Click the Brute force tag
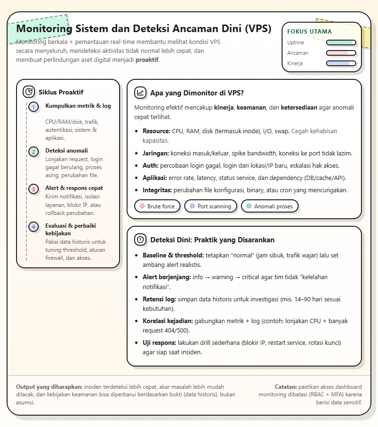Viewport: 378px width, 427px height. click(x=157, y=206)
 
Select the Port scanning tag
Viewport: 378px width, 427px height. click(x=210, y=206)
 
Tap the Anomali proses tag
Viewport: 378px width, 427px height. click(x=269, y=206)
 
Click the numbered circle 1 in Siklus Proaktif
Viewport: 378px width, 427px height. click(x=33, y=107)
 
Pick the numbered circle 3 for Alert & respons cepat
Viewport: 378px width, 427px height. click(x=33, y=189)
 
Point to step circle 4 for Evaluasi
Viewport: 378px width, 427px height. click(x=33, y=227)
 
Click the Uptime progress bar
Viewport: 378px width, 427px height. click(x=341, y=43)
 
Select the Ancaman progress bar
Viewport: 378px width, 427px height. click(x=341, y=53)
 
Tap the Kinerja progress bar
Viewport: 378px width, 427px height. click(x=341, y=63)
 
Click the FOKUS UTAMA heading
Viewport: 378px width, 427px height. click(x=309, y=32)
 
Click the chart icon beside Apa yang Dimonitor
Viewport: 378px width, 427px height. click(x=140, y=93)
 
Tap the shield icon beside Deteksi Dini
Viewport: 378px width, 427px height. click(x=140, y=239)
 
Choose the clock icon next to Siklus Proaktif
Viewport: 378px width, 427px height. click(x=29, y=92)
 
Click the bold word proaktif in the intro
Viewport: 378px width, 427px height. click(x=147, y=60)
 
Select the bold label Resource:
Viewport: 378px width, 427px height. click(x=156, y=131)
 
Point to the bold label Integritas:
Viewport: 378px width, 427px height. click(x=158, y=190)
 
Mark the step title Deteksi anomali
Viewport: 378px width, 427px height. click(x=67, y=151)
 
